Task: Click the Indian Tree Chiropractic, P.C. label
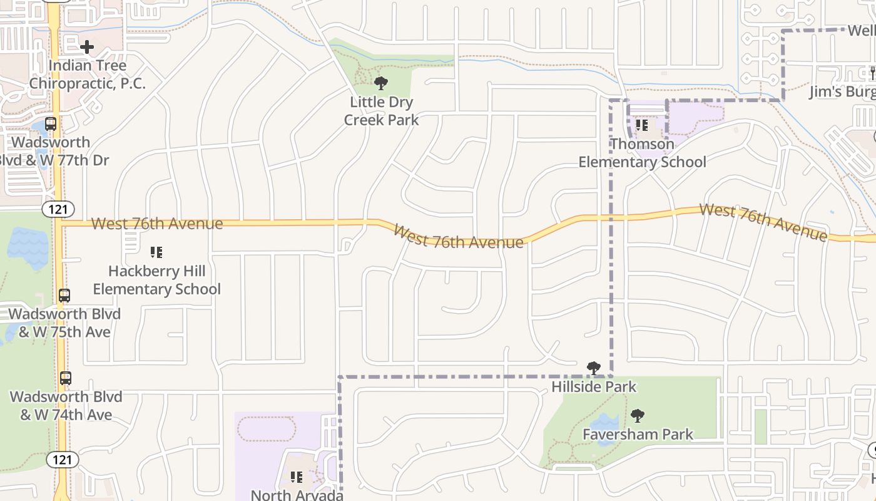pos(87,74)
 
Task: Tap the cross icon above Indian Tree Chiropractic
pos(87,46)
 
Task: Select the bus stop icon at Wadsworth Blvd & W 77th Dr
pos(51,124)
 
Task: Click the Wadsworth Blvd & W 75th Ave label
pos(64,323)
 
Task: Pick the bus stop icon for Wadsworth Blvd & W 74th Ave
pos(66,378)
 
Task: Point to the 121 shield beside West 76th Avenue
pos(58,209)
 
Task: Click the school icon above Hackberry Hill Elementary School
pos(156,252)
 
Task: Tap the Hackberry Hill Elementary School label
pos(157,280)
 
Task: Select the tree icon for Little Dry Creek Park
pos(380,83)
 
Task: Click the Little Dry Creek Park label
pos(381,110)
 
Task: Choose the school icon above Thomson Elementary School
pos(642,125)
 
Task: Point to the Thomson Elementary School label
pos(642,153)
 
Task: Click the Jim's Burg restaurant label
pos(842,91)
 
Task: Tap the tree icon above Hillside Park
pos(594,368)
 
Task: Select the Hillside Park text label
pos(594,386)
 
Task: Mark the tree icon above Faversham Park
pos(638,415)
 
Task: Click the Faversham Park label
pos(638,434)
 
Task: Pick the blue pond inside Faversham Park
pos(605,428)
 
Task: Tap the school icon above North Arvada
pos(297,477)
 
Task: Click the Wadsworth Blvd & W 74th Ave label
pos(66,405)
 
